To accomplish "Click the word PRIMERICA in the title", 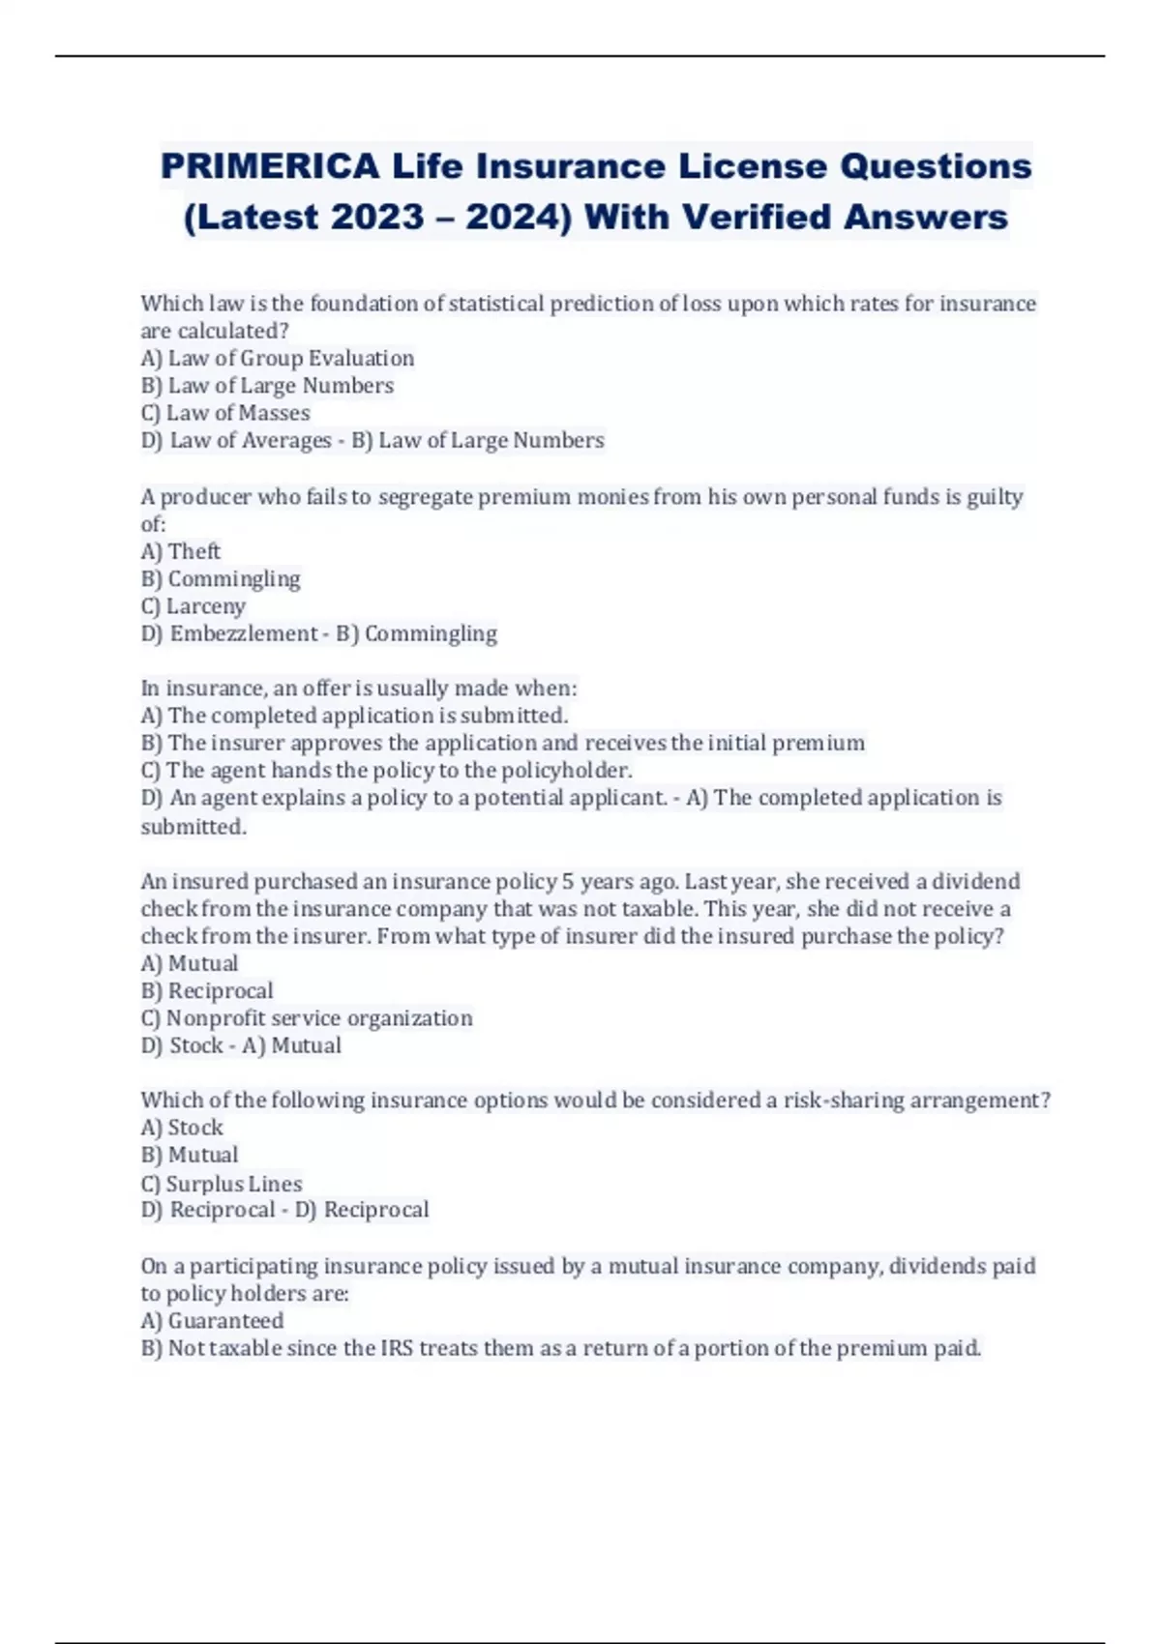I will pos(270,166).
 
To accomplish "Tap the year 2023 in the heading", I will pos(376,217).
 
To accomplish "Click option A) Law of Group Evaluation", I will pos(278,358).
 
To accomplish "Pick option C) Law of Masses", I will pos(225,413).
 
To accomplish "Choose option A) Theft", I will pos(181,551).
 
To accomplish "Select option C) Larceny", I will pos(193,606).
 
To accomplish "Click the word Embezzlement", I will pos(243,633).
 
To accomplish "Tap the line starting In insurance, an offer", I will pos(359,689).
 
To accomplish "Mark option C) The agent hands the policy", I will pos(386,771).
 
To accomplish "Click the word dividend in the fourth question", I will pos(975,882).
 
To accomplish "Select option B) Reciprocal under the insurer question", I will pos(207,991).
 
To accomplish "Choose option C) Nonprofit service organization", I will pos(307,1018).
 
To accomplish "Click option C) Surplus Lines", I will pos(222,1184).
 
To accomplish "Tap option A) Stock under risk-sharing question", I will pos(182,1128).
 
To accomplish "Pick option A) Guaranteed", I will pos(213,1321).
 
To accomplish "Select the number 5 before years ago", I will pos(568,882).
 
